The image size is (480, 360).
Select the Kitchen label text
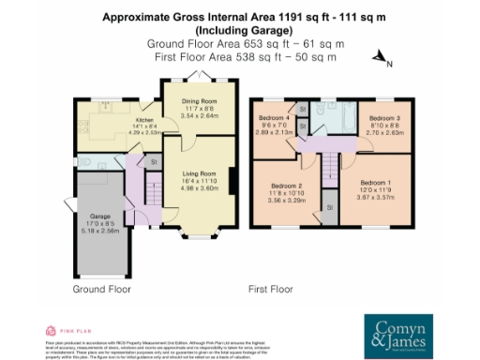click(143, 121)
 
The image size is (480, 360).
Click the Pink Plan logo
click(61, 331)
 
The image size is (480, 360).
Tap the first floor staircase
click(329, 169)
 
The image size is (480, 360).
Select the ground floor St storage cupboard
click(154, 162)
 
